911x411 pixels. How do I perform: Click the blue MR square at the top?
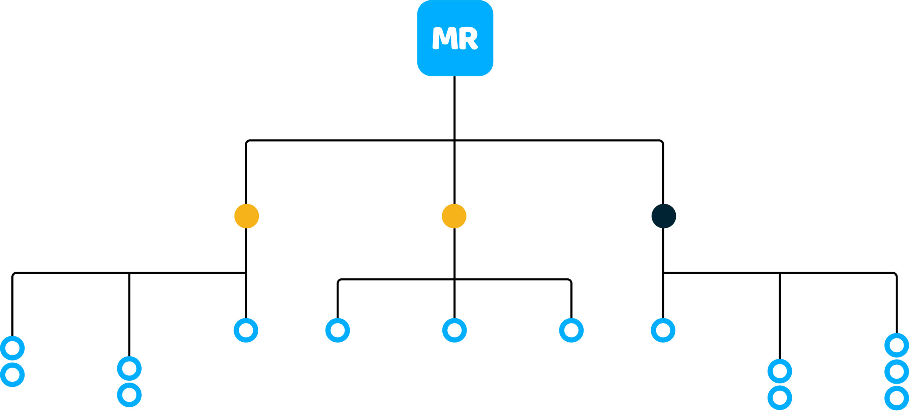pos(455,38)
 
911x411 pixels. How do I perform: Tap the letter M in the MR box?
pos(444,38)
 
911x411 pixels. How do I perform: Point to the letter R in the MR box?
pos(468,38)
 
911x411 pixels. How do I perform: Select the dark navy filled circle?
pos(664,216)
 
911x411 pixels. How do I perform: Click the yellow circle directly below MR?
pos(454,216)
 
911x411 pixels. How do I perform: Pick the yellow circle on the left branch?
pos(247,216)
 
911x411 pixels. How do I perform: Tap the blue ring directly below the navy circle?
pos(663,330)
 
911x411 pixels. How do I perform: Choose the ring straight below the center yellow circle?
pos(454,330)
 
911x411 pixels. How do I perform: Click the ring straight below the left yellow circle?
pos(246,330)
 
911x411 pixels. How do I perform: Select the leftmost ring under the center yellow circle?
pos(338,330)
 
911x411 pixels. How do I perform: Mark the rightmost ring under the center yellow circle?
pos(571,330)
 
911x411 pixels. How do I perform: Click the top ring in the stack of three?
pos(896,345)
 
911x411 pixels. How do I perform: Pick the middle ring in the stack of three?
pos(896,372)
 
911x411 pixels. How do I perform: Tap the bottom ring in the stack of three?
pos(896,398)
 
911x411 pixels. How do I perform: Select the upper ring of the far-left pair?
pos(12,348)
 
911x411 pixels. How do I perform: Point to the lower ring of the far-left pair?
pos(12,375)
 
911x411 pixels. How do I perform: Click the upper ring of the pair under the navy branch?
pos(780,371)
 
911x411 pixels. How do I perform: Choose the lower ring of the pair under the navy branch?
pos(780,397)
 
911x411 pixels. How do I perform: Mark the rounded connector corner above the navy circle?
pos(661,142)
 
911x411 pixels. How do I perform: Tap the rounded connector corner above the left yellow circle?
pos(248,142)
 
